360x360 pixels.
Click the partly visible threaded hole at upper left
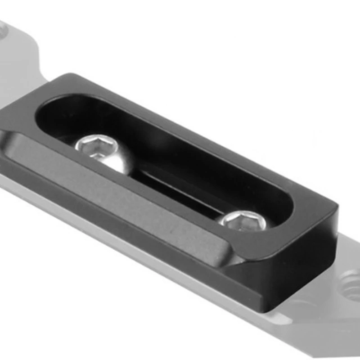[x=2, y=31]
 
